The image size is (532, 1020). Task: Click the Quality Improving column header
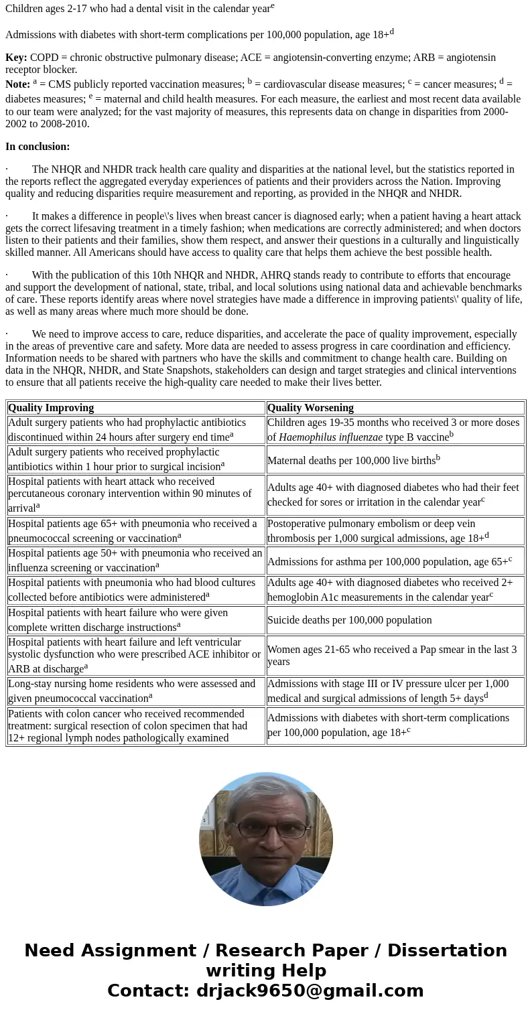(51, 408)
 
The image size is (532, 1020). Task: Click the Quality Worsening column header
(310, 408)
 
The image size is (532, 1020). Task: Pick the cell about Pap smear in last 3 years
(392, 656)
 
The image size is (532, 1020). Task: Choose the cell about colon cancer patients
(135, 726)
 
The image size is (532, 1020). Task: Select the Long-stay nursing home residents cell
(135, 691)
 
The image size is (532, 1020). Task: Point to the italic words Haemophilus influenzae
(330, 437)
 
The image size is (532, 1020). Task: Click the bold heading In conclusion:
(38, 147)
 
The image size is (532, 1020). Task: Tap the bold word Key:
(16, 58)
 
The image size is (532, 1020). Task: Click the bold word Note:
(17, 84)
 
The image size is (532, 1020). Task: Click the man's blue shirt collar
(267, 874)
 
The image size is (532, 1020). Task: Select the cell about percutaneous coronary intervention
(135, 494)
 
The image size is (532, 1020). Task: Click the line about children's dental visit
(139, 9)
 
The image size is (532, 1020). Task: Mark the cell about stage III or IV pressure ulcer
(395, 691)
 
